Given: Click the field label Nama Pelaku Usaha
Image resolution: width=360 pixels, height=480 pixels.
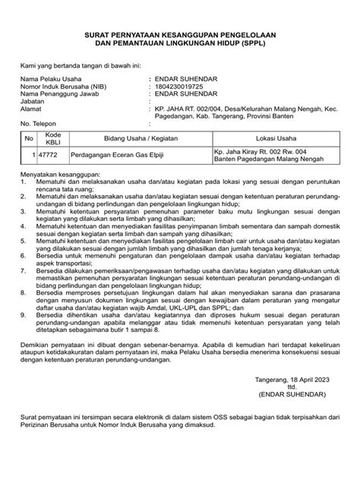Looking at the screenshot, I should click(53, 78).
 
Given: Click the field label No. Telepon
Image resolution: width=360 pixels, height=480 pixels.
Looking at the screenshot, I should click(42, 124).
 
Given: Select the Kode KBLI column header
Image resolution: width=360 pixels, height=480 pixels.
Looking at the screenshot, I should click(52, 138).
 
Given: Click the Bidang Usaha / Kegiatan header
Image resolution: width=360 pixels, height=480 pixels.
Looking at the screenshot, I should click(129, 138).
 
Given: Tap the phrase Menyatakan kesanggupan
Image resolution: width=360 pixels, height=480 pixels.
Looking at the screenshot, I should click(58, 173).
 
